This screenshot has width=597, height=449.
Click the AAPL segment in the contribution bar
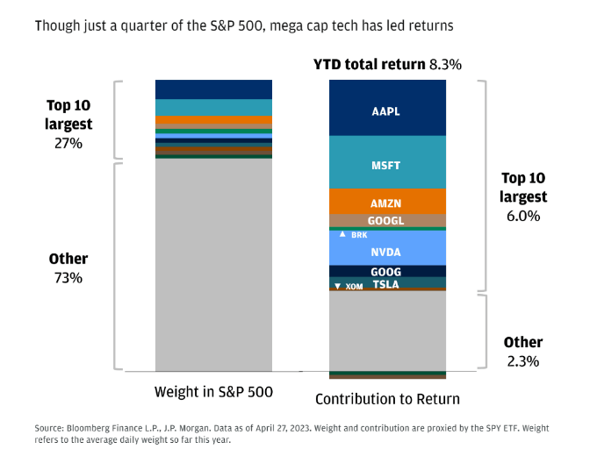coord(386,112)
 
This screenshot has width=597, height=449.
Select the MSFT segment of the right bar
coord(386,164)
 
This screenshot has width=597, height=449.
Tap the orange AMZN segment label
coord(386,203)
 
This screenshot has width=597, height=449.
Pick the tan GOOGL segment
coord(386,221)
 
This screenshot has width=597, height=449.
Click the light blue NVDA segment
coord(386,252)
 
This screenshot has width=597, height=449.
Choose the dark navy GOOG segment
coord(386,272)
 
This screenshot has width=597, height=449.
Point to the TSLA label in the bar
coord(386,284)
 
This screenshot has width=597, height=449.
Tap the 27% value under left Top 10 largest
coord(68,142)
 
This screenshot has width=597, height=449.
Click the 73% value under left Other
coord(68,278)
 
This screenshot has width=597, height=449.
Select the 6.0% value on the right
coord(523,215)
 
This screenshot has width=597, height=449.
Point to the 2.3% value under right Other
coord(523,360)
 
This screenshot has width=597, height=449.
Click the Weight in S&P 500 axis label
coord(212,391)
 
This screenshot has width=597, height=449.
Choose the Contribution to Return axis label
coord(387,399)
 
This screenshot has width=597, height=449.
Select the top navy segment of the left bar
coord(212,89)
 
